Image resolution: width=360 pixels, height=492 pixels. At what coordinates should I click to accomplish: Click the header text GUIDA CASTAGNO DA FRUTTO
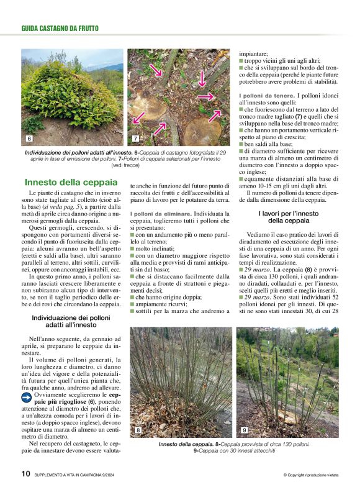(60, 29)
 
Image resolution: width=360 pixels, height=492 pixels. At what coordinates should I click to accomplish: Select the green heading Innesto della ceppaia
(70, 183)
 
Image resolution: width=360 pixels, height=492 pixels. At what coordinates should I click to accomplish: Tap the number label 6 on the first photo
(29, 138)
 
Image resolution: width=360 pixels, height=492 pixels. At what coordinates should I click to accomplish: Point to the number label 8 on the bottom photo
(138, 430)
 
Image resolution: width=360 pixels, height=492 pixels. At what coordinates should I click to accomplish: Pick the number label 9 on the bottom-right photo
(244, 430)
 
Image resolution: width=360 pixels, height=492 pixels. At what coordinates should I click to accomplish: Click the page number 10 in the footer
(25, 474)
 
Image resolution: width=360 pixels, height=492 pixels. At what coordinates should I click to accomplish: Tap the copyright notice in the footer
(310, 475)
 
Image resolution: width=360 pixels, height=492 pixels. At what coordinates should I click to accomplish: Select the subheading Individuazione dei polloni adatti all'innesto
(71, 321)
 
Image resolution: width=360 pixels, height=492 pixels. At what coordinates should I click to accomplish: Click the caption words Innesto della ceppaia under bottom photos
(186, 445)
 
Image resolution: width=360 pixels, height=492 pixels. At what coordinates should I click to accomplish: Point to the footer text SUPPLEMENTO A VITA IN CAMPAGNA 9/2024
(78, 475)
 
